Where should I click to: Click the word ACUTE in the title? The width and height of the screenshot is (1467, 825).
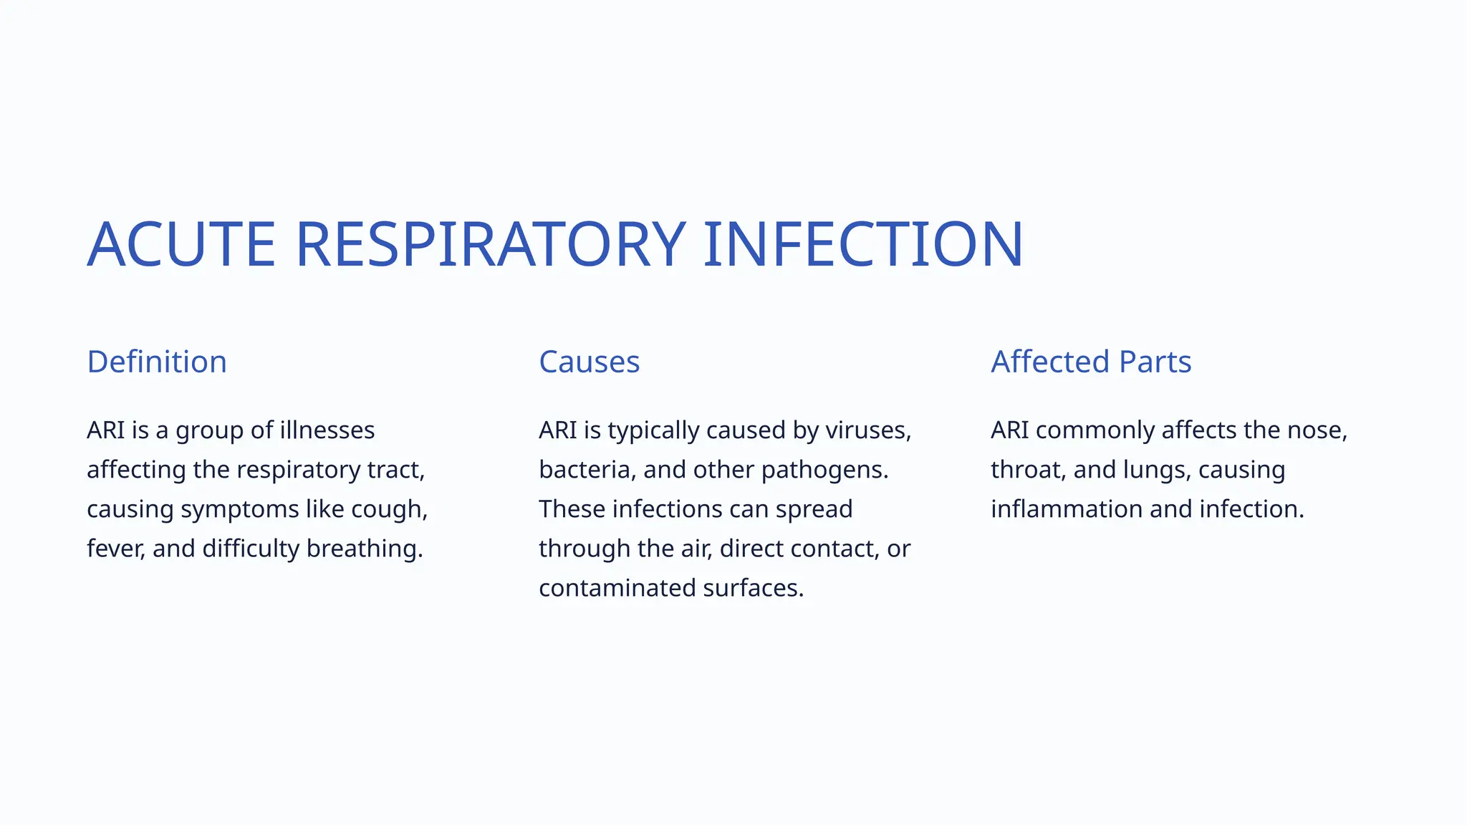[x=181, y=245]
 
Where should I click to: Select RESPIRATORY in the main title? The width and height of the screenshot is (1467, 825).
[x=491, y=245]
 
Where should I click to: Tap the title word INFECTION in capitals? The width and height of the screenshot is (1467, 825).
[x=863, y=245]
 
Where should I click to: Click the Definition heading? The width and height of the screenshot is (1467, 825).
[x=157, y=362]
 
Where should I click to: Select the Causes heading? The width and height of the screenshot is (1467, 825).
[x=589, y=362]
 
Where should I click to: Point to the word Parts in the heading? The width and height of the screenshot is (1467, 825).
[x=1155, y=362]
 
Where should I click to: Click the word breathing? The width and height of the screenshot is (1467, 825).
[x=364, y=549]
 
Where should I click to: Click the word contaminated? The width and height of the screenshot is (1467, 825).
[x=617, y=588]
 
